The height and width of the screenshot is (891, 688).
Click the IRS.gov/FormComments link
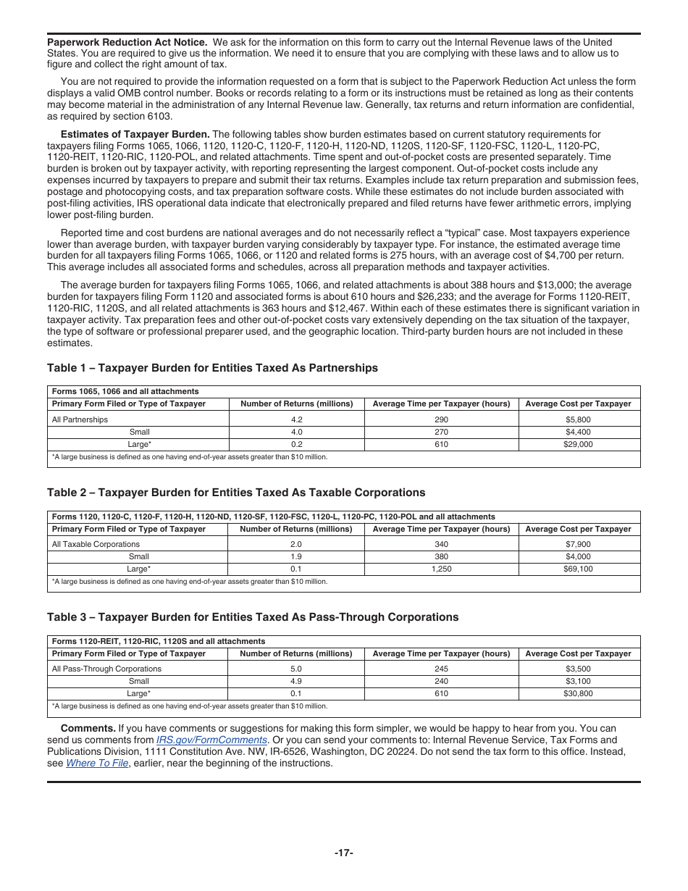[211, 740]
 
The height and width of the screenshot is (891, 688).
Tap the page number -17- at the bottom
[344, 853]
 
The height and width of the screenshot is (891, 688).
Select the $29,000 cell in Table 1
[578, 445]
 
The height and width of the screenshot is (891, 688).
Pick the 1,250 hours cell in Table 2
[441, 569]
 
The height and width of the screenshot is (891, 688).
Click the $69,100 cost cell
[578, 569]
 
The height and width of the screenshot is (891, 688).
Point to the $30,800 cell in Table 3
[578, 694]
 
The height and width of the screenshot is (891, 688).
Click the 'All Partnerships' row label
[80, 419]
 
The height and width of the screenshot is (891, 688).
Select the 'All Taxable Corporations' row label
[96, 544]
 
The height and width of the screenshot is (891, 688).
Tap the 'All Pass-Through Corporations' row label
[106, 669]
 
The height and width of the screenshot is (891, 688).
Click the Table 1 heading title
[212, 368]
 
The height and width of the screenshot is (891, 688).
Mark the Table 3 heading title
[253, 617]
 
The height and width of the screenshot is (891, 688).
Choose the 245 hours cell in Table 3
[441, 669]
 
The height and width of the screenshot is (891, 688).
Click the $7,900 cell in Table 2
[578, 544]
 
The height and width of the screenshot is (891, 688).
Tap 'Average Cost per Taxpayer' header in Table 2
[578, 529]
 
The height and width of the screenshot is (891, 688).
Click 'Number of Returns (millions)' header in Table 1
[296, 403]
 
